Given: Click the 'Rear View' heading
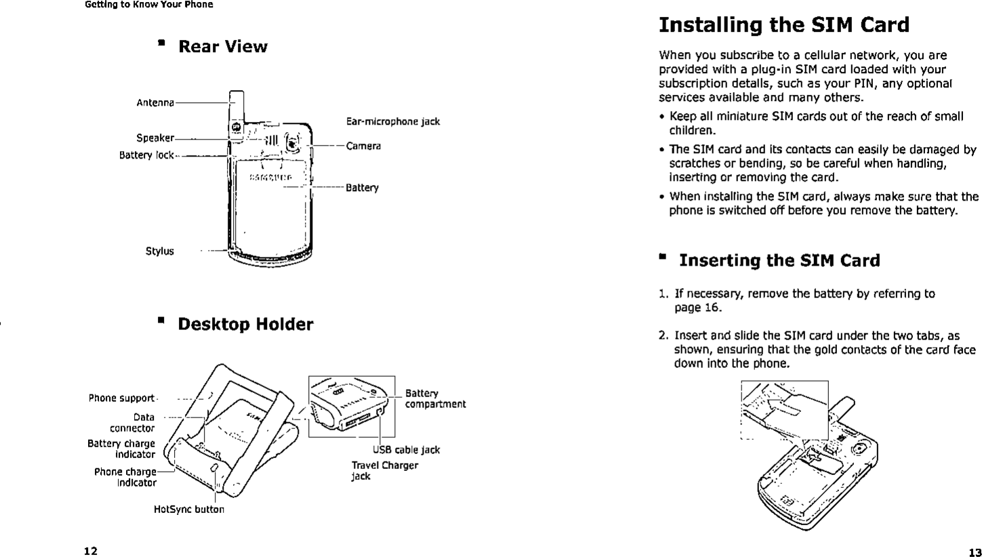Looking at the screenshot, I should pyautogui.click(x=222, y=47).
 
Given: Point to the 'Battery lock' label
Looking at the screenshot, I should pyautogui.click(x=146, y=155).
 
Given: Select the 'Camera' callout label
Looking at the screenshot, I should pyautogui.click(x=363, y=146).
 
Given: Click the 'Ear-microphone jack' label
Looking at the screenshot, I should pyautogui.click(x=392, y=122).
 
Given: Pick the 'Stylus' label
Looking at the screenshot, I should pyautogui.click(x=160, y=251).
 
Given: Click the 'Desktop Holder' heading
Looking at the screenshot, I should pyautogui.click(x=245, y=325).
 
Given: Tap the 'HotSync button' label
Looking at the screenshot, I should pyautogui.click(x=189, y=509).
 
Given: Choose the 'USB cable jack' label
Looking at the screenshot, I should pyautogui.click(x=406, y=450).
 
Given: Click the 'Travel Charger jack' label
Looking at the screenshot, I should pyautogui.click(x=384, y=471).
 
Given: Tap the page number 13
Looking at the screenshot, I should pyautogui.click(x=975, y=550).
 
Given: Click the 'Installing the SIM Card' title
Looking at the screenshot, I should pyautogui.click(x=783, y=25).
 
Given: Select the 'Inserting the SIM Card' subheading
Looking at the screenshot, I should pyautogui.click(x=779, y=261).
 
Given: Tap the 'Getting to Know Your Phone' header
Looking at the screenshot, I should pyautogui.click(x=148, y=5).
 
